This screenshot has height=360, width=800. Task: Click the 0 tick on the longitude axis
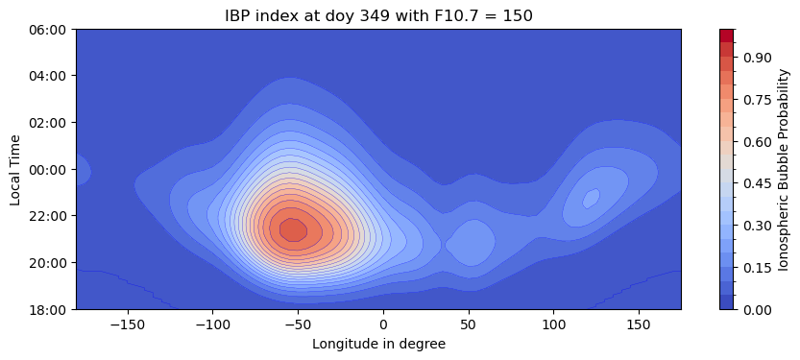point(383,324)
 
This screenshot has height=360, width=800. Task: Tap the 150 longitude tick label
point(639,324)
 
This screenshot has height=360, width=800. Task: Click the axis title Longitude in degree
point(378,343)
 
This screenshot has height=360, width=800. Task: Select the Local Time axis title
point(15,169)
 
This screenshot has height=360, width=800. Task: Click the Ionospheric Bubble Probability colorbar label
point(785,169)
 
